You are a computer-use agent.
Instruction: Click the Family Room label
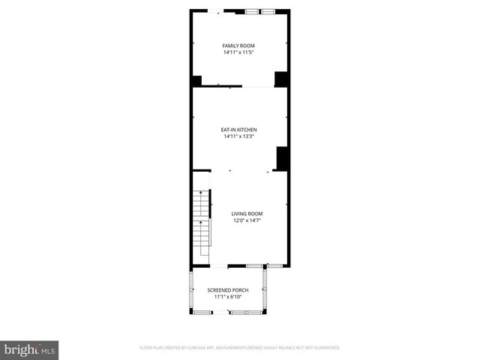pos(238,46)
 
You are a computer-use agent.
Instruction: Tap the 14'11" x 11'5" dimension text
pos(238,52)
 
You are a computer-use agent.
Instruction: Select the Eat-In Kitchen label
pos(238,130)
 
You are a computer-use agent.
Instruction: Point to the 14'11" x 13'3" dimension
pos(238,136)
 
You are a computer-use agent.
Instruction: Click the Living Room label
pos(247,214)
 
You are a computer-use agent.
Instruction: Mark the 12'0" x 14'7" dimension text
pos(247,220)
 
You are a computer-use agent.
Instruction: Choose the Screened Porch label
pos(228,290)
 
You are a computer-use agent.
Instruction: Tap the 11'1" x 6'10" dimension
pos(228,297)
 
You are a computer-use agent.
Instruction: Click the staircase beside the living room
pos(201,222)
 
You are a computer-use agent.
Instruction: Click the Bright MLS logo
pos(30,349)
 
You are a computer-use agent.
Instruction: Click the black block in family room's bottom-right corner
pos(281,79)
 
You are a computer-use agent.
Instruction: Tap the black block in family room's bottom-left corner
pos(196,81)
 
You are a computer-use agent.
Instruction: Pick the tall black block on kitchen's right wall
pos(283,158)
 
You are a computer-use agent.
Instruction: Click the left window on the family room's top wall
pos(251,11)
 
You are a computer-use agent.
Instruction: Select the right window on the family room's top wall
pos(268,11)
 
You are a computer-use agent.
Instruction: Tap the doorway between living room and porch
pos(219,266)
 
